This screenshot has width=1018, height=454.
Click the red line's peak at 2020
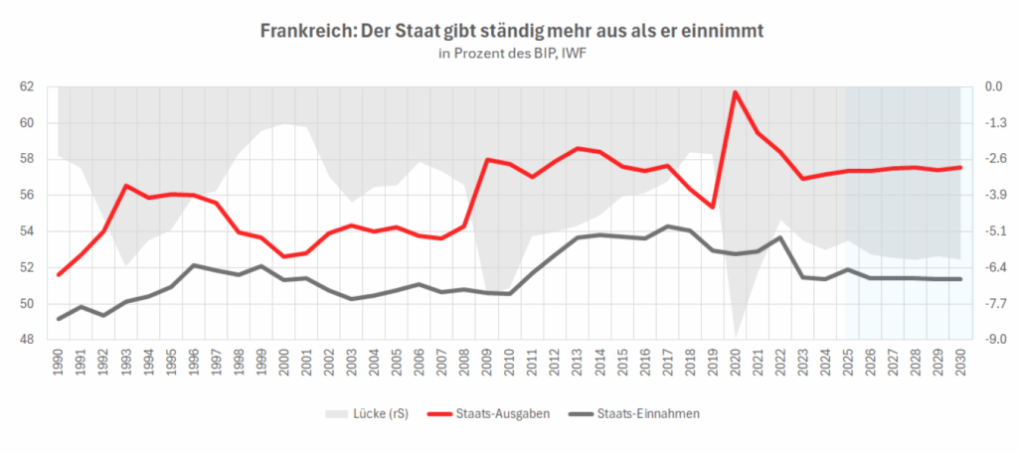[736, 92]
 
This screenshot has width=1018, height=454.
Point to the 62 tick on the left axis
[27, 87]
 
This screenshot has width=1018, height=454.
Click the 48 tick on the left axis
[27, 340]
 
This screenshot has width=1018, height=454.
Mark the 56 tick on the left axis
[27, 196]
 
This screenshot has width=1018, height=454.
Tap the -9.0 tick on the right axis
[993, 340]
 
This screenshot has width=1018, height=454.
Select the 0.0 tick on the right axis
[993, 87]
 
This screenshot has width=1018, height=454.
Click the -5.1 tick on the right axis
[993, 231]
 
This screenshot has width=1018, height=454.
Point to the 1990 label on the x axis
[60, 362]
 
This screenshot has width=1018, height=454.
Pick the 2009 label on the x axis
[488, 362]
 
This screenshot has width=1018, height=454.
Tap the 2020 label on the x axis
[736, 362]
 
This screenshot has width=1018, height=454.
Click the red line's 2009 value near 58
[488, 160]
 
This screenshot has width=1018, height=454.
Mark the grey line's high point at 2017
[668, 227]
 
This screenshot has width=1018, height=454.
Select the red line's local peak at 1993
[127, 186]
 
